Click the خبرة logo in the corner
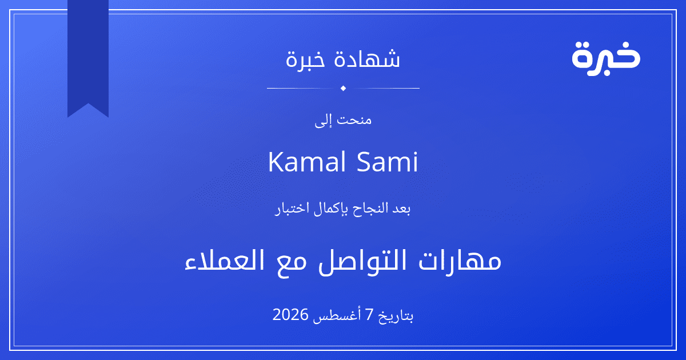[x=606, y=58]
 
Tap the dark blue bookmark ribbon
[x=88, y=55]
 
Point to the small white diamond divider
[x=343, y=88]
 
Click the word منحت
[x=354, y=119]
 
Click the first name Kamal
[x=307, y=162]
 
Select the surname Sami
[x=388, y=162]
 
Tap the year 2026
[x=290, y=315]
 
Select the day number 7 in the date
[x=370, y=315]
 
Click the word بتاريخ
[x=396, y=316]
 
